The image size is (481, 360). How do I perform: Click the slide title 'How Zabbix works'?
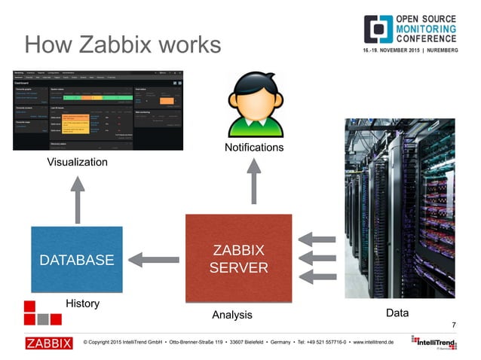(x=123, y=44)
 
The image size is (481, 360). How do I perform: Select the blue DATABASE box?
(x=76, y=260)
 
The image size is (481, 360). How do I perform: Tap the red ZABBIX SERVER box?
(x=239, y=259)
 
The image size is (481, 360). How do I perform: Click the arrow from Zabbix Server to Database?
(x=155, y=260)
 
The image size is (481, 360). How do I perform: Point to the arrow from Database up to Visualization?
(x=78, y=200)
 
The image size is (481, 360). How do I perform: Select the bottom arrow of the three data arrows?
(x=316, y=277)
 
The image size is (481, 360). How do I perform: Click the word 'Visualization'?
(x=77, y=162)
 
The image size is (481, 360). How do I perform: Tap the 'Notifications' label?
(x=254, y=147)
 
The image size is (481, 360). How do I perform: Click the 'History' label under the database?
(x=82, y=304)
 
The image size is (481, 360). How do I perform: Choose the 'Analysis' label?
(x=231, y=314)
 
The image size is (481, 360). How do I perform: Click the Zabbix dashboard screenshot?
(x=98, y=110)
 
